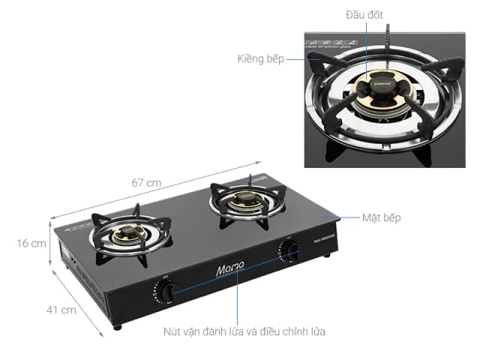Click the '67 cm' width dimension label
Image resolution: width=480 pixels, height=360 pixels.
click(x=147, y=183)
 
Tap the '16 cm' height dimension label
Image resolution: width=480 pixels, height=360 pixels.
click(x=31, y=244)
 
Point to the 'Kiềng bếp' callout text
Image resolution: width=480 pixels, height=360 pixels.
click(x=261, y=58)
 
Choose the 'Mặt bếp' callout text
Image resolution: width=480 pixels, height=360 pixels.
click(x=381, y=217)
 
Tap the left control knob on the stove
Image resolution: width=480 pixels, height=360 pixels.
click(x=167, y=291)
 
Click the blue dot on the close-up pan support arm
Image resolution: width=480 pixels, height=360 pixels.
click(x=314, y=58)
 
